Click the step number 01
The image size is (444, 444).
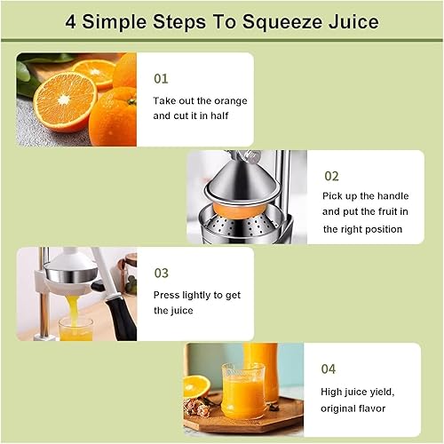[x=161, y=78]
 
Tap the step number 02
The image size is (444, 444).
[x=331, y=176]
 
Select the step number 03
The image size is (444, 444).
[x=161, y=273]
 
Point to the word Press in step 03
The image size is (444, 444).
[x=168, y=292]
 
